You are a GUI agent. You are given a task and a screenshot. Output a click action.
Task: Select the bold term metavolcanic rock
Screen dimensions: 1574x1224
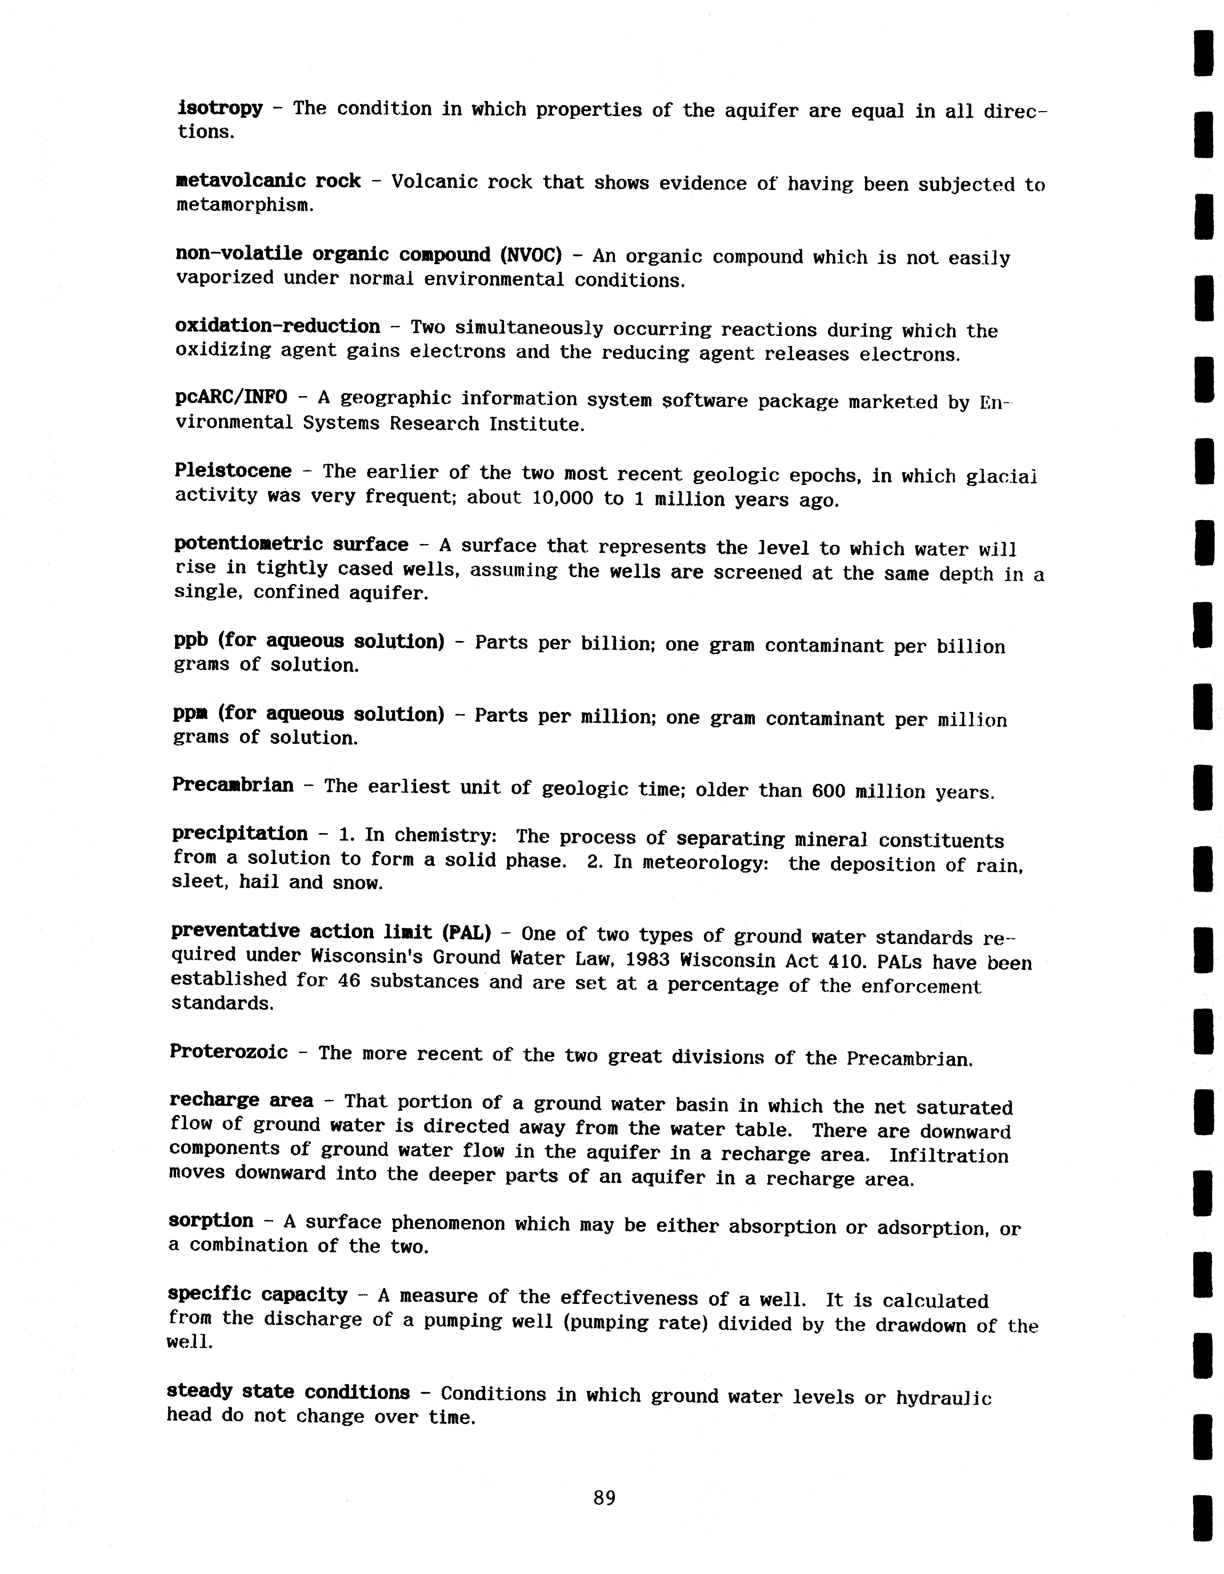coord(268,181)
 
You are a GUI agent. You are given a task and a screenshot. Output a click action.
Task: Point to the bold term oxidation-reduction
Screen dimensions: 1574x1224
coord(277,326)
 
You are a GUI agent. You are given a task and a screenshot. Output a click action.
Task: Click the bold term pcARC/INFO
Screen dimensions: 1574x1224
coord(231,397)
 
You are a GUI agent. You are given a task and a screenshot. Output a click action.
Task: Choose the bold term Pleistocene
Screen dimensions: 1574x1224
coord(233,471)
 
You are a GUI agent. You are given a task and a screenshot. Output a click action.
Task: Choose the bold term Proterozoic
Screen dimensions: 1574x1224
coord(229,1052)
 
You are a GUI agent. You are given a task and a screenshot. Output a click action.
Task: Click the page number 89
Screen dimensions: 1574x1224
coord(604,1498)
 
